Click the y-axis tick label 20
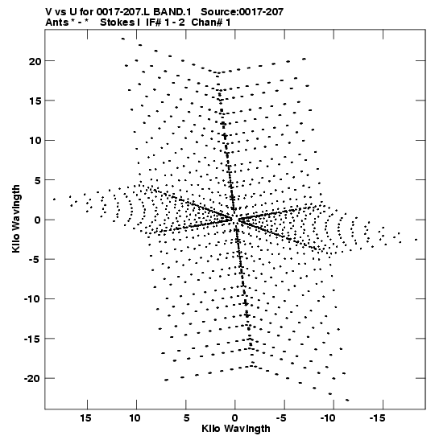pyautogui.click(x=35, y=61)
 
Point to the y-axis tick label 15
pyautogui.click(x=35, y=101)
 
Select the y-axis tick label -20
pyautogui.click(x=32, y=379)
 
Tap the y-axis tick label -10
pyautogui.click(x=32, y=299)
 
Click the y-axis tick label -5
pyautogui.click(x=35, y=260)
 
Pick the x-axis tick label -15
pyautogui.click(x=377, y=418)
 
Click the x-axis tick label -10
pyautogui.click(x=328, y=418)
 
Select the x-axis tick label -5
pyautogui.click(x=281, y=418)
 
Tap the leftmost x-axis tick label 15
pyautogui.click(x=85, y=418)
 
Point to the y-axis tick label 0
pyautogui.click(x=38, y=220)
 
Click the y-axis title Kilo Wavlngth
pyautogui.click(x=16, y=219)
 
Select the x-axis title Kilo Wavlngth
pyautogui.click(x=236, y=429)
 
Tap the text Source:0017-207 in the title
pyautogui.click(x=242, y=12)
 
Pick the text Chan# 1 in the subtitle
pyautogui.click(x=211, y=23)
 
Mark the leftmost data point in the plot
pyautogui.click(x=54, y=199)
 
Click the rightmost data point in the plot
pyautogui.click(x=416, y=240)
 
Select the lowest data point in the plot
pyautogui.click(x=347, y=400)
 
